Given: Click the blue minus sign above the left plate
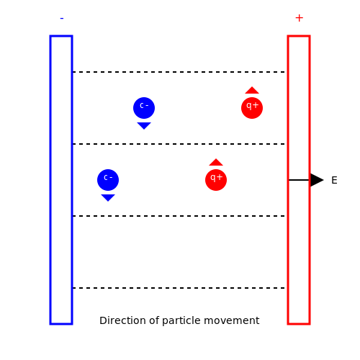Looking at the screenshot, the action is point(62,18).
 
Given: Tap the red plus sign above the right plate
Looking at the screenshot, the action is point(299,18).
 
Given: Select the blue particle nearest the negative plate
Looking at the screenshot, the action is point(108,180).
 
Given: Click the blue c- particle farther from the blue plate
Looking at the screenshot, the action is point(144,108).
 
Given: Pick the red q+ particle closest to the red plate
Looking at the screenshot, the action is point(252,108).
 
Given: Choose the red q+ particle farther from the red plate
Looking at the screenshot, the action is point(216,180).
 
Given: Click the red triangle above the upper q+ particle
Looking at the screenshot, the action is point(252,91).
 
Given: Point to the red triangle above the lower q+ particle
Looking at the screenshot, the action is point(216,163).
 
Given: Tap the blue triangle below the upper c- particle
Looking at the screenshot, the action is point(144,125).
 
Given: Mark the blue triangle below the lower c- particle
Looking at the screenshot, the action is point(108,197).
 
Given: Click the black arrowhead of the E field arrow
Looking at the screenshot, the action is point(317,180).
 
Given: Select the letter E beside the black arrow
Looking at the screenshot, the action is point(334,180).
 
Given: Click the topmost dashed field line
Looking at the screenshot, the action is point(179,72).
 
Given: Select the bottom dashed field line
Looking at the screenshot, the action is point(179,288).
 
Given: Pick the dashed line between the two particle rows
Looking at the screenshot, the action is point(179,144).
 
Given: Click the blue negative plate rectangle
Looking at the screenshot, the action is point(50,180).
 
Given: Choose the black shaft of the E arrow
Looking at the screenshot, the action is point(300,180).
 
